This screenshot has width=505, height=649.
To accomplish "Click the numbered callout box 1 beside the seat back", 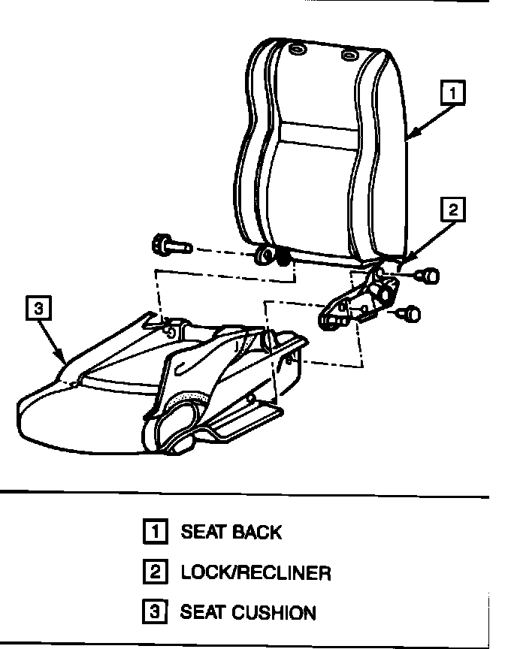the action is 453,94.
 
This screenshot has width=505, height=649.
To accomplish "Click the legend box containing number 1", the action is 155,532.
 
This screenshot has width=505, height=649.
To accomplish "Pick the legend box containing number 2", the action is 155,572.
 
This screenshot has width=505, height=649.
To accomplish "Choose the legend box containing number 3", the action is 155,612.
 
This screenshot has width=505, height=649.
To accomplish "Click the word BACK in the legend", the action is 257,533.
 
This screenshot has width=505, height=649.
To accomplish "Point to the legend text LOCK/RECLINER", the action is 256,573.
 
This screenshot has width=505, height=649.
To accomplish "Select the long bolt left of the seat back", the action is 170,245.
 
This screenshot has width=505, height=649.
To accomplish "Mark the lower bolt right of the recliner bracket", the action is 410,313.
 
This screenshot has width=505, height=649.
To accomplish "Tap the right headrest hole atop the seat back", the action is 349,56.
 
